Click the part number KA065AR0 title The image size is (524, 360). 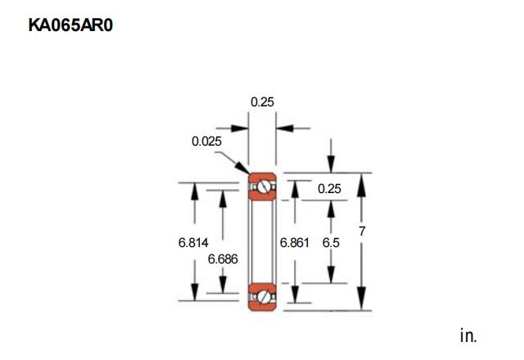coord(70,25)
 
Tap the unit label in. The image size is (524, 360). coord(468,335)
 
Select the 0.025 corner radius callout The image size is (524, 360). coord(206,142)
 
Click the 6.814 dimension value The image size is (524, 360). coord(193,242)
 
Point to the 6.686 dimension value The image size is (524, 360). coord(223,259)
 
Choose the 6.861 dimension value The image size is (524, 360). coord(295,243)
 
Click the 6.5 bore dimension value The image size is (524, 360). coord(331,243)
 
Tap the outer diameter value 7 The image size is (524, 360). coord(362,231)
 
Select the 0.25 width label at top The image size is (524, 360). coord(262,101)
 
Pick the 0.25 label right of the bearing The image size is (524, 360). coord(329,189)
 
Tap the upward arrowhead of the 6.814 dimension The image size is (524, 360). coord(195,192)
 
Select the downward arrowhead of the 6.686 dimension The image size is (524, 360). coord(223,285)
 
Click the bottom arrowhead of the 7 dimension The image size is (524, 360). coord(362,298)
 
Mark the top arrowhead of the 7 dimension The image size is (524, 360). coord(362,185)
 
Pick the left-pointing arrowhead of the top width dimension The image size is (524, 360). coord(285,128)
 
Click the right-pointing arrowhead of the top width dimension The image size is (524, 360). coord(240,128)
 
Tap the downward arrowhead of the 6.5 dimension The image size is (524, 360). coord(331,275)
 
